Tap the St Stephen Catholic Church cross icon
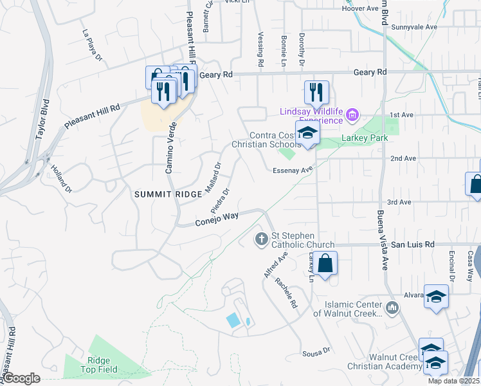coord(261,239)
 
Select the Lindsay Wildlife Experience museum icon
coord(352,116)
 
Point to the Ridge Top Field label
coord(96,365)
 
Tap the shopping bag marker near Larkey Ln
coord(326,262)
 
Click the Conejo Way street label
coord(217,219)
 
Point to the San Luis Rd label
coord(413,244)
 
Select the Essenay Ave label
coord(292,170)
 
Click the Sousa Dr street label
coord(316,352)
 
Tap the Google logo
coord(22,378)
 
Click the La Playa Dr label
coord(92,44)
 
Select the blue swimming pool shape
coord(233,319)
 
